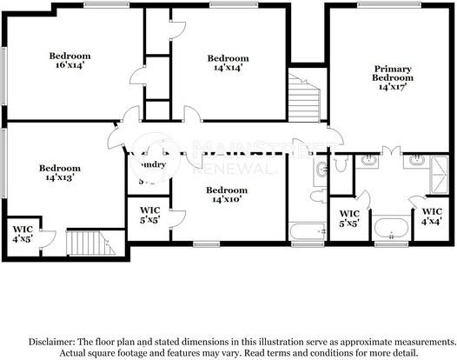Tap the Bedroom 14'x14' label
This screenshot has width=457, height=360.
pyautogui.click(x=223, y=62)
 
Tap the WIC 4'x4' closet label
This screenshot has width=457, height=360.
pyautogui.click(x=431, y=216)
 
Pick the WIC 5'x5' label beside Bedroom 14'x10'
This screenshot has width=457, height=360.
pyautogui.click(x=149, y=215)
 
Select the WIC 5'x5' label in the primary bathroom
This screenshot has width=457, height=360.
pyautogui.click(x=348, y=217)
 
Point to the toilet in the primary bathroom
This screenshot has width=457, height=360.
pyautogui.click(x=341, y=163)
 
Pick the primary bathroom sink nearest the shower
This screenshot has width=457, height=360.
pyautogui.click(x=415, y=159)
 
